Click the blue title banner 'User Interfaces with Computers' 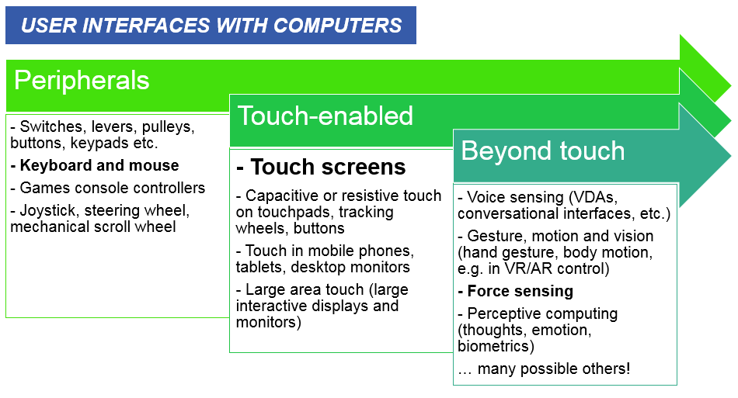(x=211, y=26)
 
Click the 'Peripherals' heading (x=82, y=81)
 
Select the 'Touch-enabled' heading (x=325, y=116)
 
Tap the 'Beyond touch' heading (x=543, y=151)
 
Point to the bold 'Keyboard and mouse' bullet (x=95, y=165)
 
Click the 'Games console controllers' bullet (x=108, y=188)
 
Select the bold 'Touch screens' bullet (x=321, y=167)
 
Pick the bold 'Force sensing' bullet (x=515, y=292)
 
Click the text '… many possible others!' (x=544, y=369)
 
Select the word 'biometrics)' (x=496, y=346)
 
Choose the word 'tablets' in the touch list (x=261, y=267)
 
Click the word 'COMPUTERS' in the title (x=337, y=26)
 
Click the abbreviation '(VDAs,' (x=593, y=197)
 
